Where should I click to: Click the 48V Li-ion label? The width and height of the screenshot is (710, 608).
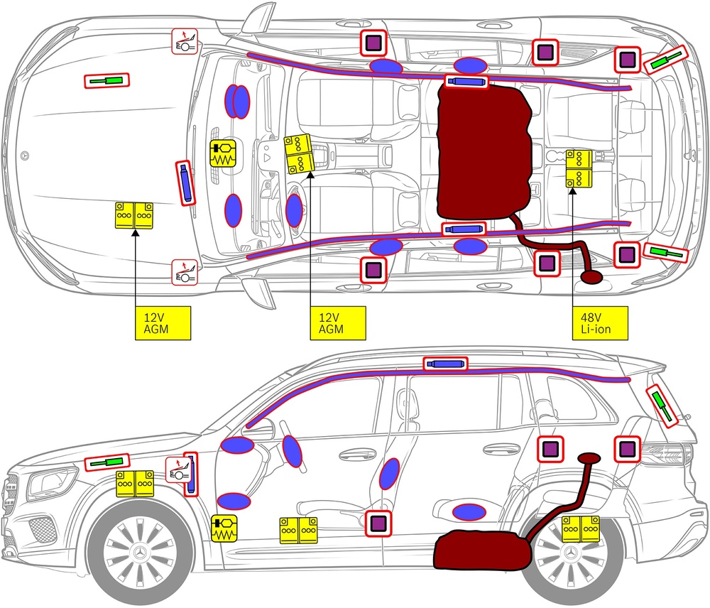point(600,322)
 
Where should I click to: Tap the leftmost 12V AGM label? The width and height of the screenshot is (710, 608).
point(163,322)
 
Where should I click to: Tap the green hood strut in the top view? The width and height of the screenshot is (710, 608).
point(108,80)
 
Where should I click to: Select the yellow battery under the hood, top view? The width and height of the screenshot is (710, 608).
point(135,215)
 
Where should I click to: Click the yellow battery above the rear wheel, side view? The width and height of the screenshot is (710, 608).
point(581,529)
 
